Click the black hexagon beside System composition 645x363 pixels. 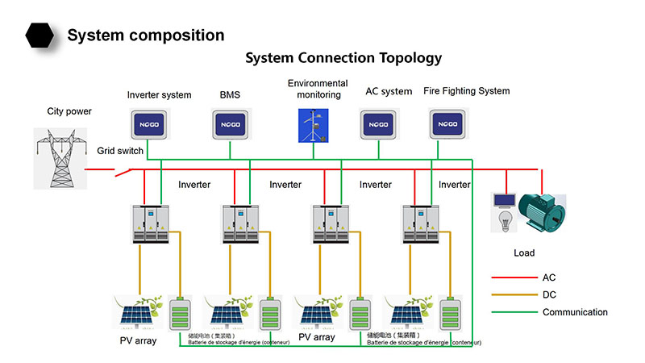(x=40, y=35)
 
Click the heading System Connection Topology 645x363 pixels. (x=343, y=58)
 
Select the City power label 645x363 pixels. (x=69, y=111)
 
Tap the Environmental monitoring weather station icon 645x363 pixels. (x=312, y=126)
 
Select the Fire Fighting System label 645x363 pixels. (x=466, y=91)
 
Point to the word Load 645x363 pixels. (x=524, y=253)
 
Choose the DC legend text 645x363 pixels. (x=549, y=295)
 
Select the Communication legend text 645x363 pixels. (x=575, y=312)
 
